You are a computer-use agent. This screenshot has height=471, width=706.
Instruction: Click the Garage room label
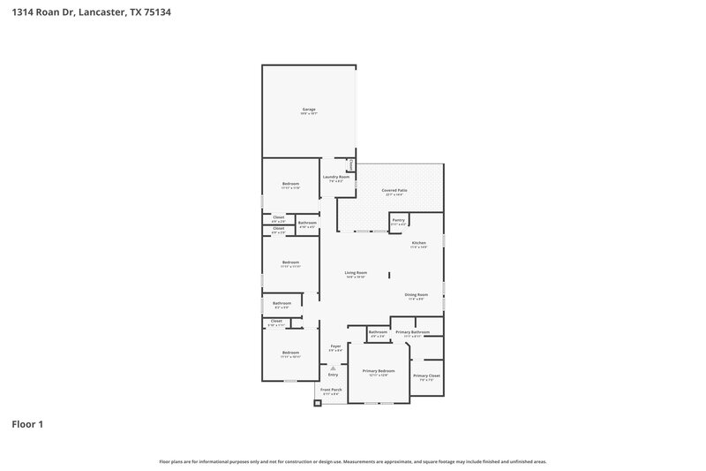pyautogui.click(x=309, y=110)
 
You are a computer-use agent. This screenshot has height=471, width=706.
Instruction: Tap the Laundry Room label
pyautogui.click(x=336, y=177)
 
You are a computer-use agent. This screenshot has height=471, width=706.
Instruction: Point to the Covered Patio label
pyautogui.click(x=394, y=190)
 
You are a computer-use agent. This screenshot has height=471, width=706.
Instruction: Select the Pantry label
pyautogui.click(x=399, y=220)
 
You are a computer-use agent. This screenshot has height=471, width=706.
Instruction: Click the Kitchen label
pyautogui.click(x=418, y=243)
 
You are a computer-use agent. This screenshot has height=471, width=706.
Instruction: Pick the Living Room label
pyautogui.click(x=356, y=273)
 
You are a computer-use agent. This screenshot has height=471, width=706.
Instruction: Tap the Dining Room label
pyautogui.click(x=416, y=295)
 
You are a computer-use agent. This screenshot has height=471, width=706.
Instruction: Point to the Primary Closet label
pyautogui.click(x=426, y=376)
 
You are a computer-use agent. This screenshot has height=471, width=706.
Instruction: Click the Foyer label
pyautogui.click(x=335, y=346)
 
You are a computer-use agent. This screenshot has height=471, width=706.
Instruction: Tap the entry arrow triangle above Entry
pyautogui.click(x=333, y=367)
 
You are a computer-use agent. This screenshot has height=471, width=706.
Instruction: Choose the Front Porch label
pyautogui.click(x=331, y=390)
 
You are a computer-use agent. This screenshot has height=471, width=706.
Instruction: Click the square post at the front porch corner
pyautogui.click(x=317, y=405)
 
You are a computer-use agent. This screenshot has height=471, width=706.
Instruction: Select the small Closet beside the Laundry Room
pyautogui.click(x=350, y=164)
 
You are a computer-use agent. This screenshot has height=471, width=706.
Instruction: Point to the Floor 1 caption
pyautogui.click(x=26, y=424)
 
